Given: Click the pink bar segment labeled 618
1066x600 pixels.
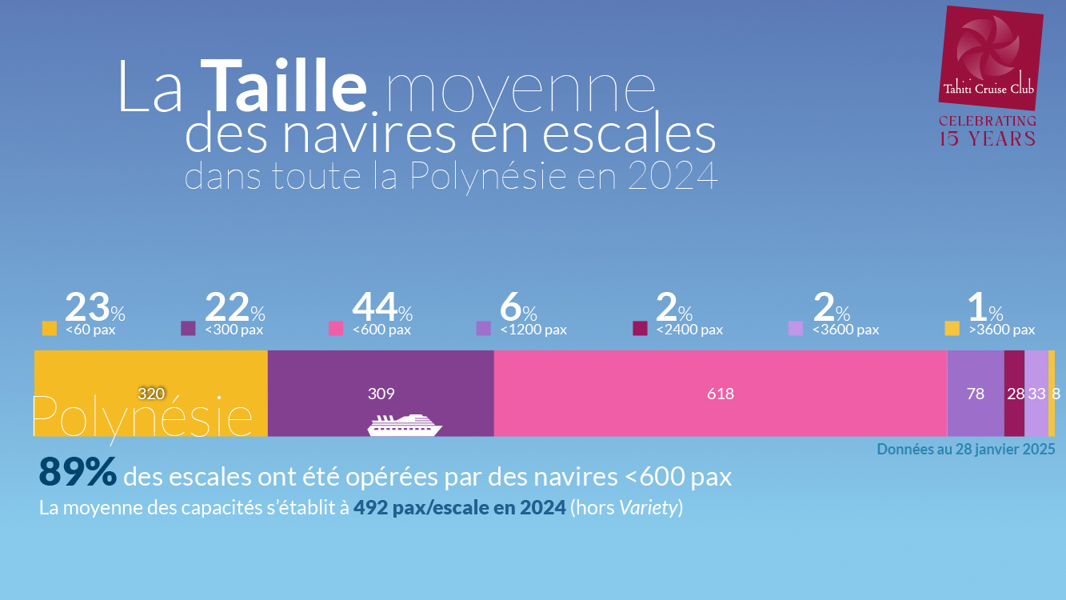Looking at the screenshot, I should click(x=720, y=393).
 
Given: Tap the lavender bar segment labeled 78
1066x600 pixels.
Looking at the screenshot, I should click(x=975, y=393).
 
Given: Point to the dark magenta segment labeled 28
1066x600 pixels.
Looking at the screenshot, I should click(x=1015, y=393).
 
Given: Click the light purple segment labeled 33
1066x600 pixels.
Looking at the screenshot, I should click(x=1036, y=393).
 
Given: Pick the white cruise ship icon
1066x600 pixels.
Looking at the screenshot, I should click(x=405, y=425).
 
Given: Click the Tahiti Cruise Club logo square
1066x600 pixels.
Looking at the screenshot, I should click(x=989, y=58).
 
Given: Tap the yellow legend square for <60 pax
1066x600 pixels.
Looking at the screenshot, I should click(x=50, y=328).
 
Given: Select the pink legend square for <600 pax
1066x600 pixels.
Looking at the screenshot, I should click(x=337, y=328).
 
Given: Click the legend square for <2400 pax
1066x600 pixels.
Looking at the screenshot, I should click(x=640, y=328).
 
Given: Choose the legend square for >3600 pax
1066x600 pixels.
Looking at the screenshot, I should click(x=952, y=328).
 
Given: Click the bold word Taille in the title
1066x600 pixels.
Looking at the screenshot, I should click(x=283, y=86).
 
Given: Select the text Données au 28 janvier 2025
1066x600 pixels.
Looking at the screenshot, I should click(x=966, y=449).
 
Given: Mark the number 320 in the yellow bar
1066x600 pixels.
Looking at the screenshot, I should click(x=151, y=394).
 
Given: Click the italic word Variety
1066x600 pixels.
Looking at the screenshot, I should click(x=649, y=508).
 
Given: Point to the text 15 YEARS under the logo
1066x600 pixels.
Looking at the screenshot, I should click(x=987, y=138).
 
